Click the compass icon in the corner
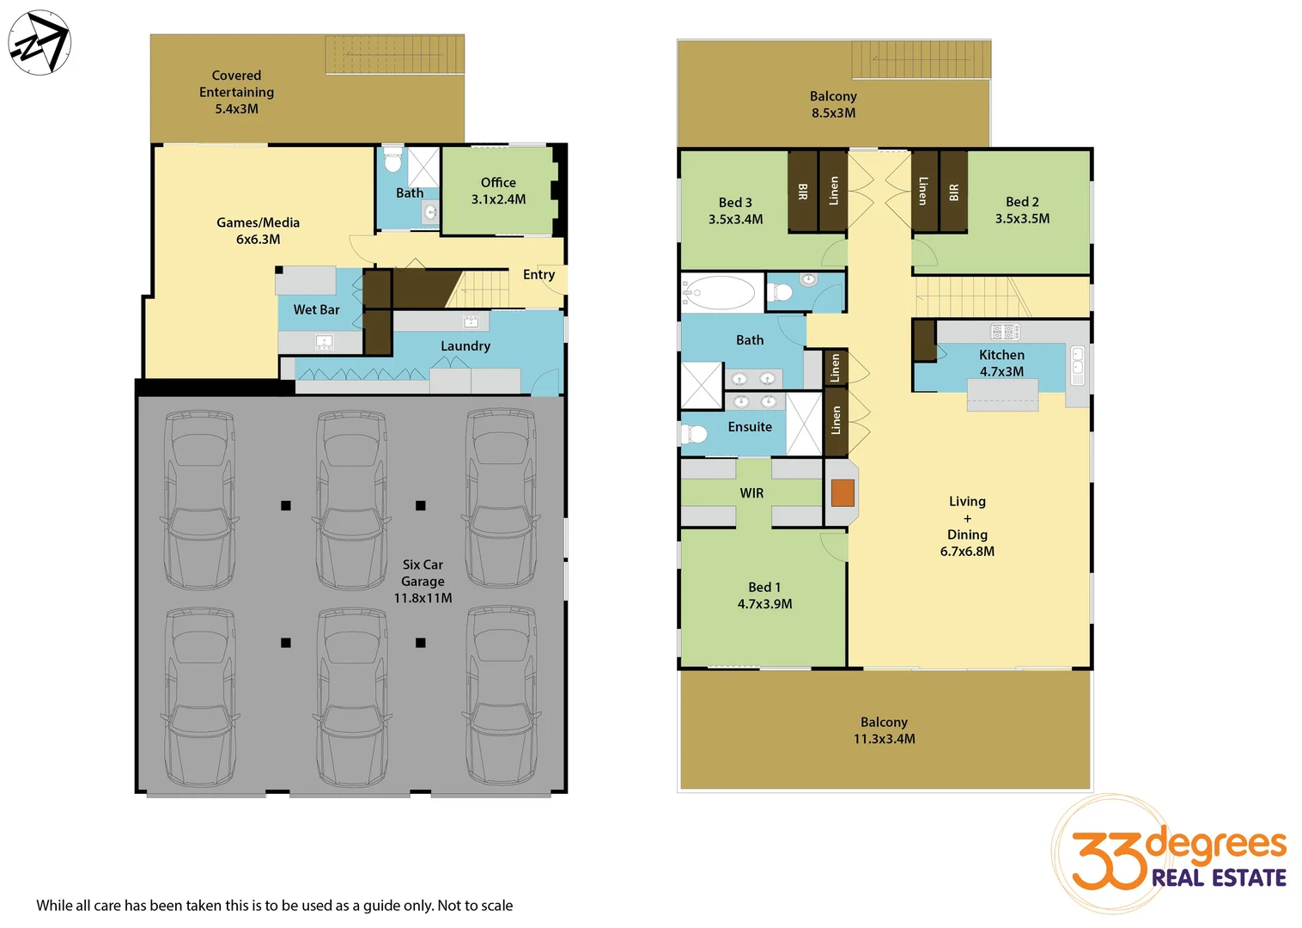pos(40,43)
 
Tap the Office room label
pos(498,191)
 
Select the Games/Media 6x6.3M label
pos(258,230)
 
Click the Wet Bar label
pos(316,309)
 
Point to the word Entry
pos(538,275)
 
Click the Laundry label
pos(465,346)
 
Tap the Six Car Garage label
pos(423,581)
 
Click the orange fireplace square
pos(843,492)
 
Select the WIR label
pos(751,493)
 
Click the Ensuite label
pos(750,427)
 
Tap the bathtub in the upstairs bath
pos(718,293)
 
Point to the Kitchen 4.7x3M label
pos(1001,363)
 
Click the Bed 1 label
pos(764,595)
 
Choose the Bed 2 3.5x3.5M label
pos(1022,210)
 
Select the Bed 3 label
pos(735,211)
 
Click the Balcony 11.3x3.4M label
pos(884,730)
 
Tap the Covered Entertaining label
pos(236,92)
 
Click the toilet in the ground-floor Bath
pos(392,161)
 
